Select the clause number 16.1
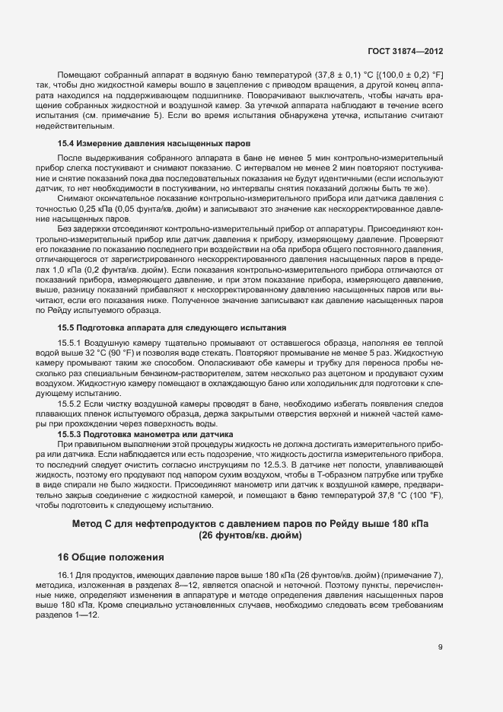coord(65,574)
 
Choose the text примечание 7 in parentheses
coord(409,574)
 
